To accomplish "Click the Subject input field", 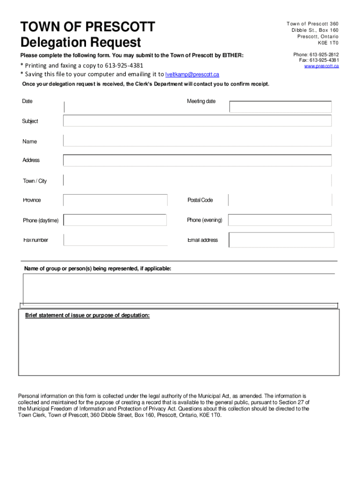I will [x=197, y=121].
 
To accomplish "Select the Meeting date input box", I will [x=280, y=107].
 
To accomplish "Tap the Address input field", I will [x=197, y=160].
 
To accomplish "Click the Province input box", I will [x=115, y=200].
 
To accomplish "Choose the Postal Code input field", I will [x=280, y=200].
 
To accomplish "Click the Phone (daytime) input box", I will [x=115, y=220].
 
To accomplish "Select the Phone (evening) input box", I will [x=280, y=220].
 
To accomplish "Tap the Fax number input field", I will [x=115, y=239].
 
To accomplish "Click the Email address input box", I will [x=281, y=240].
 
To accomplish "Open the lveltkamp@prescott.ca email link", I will [x=192, y=74].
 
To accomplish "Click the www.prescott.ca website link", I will [x=321, y=66].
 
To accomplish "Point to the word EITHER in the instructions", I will [x=232, y=56].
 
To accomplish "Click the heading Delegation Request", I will [x=80, y=43].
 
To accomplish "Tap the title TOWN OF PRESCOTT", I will [x=88, y=26].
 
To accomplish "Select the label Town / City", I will [x=35, y=181].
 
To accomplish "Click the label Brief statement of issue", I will [x=87, y=316].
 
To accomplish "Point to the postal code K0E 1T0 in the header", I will [x=328, y=43].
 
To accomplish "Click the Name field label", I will [x=29, y=141].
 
